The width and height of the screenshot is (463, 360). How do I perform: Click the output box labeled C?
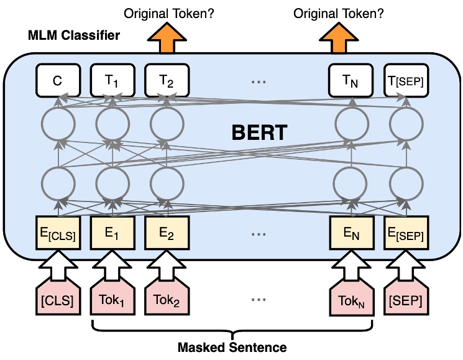click(x=58, y=80)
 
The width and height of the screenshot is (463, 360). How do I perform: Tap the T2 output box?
click(x=166, y=80)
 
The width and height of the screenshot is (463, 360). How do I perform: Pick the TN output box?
click(x=351, y=80)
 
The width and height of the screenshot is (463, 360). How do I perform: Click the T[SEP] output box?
click(x=405, y=80)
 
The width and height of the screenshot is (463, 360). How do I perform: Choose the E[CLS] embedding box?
click(x=58, y=232)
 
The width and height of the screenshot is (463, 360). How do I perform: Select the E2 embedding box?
click(x=166, y=232)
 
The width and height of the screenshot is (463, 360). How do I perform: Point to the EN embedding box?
click(x=351, y=232)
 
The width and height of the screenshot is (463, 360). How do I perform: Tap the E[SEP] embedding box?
click(x=405, y=232)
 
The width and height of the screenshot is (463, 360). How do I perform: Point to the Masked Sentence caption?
click(x=232, y=347)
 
